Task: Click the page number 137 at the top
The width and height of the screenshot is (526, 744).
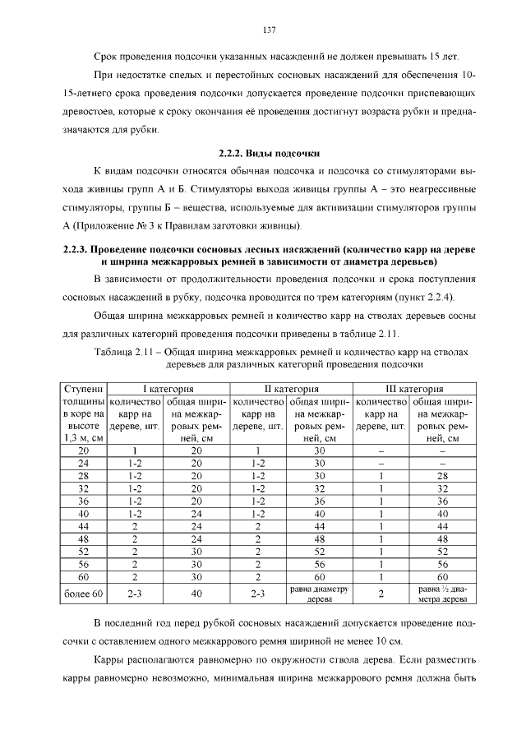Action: pyautogui.click(x=268, y=30)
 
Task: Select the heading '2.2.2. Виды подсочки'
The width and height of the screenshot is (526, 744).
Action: pyautogui.click(x=268, y=154)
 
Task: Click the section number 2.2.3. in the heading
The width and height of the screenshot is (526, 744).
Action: pyautogui.click(x=76, y=249)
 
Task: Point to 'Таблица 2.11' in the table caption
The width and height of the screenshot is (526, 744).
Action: pyautogui.click(x=122, y=351)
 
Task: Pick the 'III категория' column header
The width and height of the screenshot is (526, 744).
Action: pyautogui.click(x=414, y=388)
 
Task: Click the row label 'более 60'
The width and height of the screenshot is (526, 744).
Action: pyautogui.click(x=84, y=593)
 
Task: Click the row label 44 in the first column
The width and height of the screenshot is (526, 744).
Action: pyautogui.click(x=84, y=525)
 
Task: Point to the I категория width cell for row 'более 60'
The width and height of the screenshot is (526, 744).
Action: pyautogui.click(x=196, y=593)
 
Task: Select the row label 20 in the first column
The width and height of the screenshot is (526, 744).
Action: pyautogui.click(x=84, y=451)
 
